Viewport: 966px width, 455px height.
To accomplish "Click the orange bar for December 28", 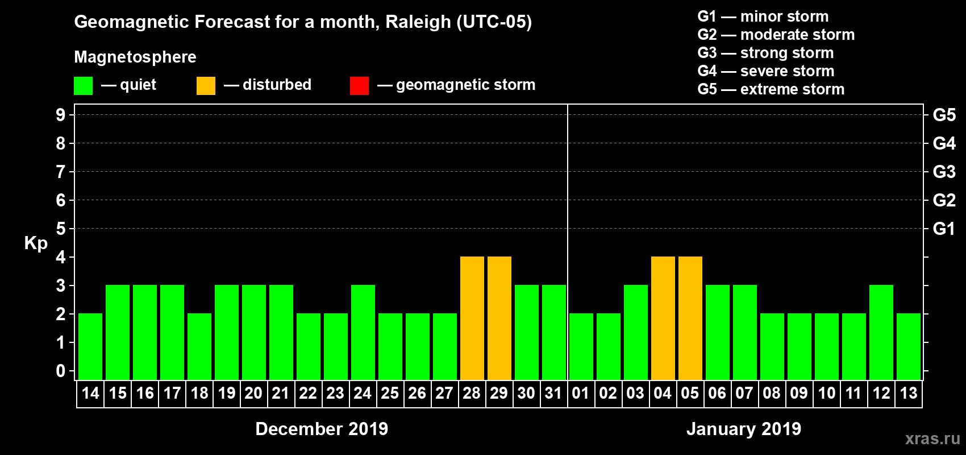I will click(472, 318).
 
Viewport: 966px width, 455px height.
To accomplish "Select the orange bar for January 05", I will click(690, 318).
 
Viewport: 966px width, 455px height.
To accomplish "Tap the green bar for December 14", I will click(90, 346).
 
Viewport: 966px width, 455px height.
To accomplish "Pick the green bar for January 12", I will click(881, 332).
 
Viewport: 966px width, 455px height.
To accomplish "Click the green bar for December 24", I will click(363, 332).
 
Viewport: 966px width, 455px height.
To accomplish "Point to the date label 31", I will click(553, 394).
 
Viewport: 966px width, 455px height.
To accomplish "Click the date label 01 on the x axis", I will click(581, 394).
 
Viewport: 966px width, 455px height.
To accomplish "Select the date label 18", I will click(199, 394).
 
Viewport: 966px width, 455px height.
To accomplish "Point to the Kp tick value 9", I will click(61, 115).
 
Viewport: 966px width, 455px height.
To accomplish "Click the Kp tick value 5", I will click(61, 229).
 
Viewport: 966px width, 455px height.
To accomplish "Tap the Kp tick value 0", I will click(61, 371).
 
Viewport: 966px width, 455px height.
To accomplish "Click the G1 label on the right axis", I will click(944, 229).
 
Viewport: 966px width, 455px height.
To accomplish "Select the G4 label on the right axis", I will click(944, 143).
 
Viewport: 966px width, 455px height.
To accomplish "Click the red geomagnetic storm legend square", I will click(359, 86).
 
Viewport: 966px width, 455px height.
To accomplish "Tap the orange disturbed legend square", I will click(206, 86).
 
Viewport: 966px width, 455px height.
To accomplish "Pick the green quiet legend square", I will click(83, 86).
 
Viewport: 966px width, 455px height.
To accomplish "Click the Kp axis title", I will click(36, 243).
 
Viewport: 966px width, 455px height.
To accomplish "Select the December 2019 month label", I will click(322, 429).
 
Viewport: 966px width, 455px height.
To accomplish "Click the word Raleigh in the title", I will click(418, 22).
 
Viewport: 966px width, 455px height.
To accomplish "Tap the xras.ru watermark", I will click(932, 439).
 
